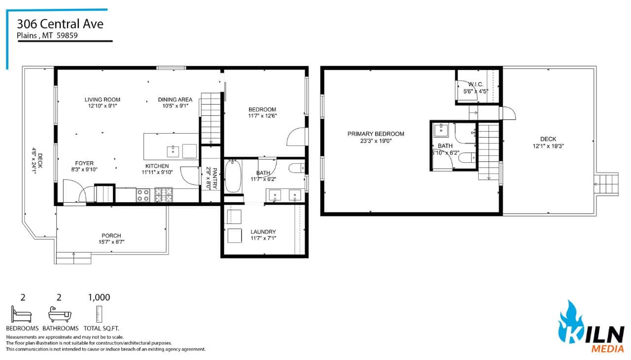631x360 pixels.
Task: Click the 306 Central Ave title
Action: [60, 24]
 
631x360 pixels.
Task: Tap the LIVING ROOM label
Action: [102, 100]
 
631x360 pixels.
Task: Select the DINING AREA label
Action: [175, 100]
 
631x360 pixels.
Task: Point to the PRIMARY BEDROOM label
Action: [376, 134]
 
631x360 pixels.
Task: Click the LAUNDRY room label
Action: [263, 232]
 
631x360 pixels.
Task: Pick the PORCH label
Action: [111, 236]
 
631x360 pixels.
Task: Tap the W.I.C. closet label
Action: [476, 84]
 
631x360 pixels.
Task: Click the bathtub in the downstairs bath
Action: [233, 176]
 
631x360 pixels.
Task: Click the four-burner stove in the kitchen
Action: [143, 195]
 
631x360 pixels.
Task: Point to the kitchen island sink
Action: [173, 151]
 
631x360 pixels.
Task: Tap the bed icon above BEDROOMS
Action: [21, 314]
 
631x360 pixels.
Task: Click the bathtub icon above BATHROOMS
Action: [60, 315]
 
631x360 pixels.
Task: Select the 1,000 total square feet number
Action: [99, 297]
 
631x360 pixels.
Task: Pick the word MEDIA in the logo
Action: [607, 349]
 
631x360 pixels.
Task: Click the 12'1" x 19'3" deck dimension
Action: [548, 146]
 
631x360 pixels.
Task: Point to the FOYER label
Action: [84, 163]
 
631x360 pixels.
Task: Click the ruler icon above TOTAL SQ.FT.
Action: [99, 314]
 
